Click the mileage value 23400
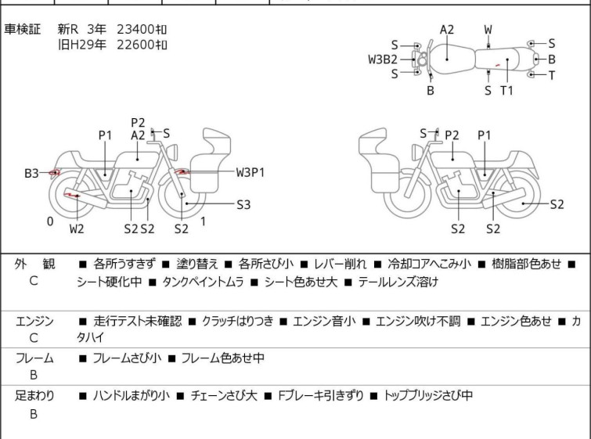click(x=135, y=29)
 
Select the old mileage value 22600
click(x=135, y=45)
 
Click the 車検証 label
click(x=23, y=29)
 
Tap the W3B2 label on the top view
click(x=383, y=59)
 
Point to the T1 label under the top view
click(x=506, y=90)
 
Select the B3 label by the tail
click(x=31, y=172)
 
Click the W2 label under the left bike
click(x=76, y=228)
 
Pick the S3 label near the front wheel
click(x=243, y=204)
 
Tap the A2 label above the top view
click(x=446, y=30)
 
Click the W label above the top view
click(x=488, y=30)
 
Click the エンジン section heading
click(x=34, y=321)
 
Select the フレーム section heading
click(x=34, y=358)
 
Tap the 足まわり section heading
click(x=34, y=395)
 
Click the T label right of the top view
click(x=551, y=75)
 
